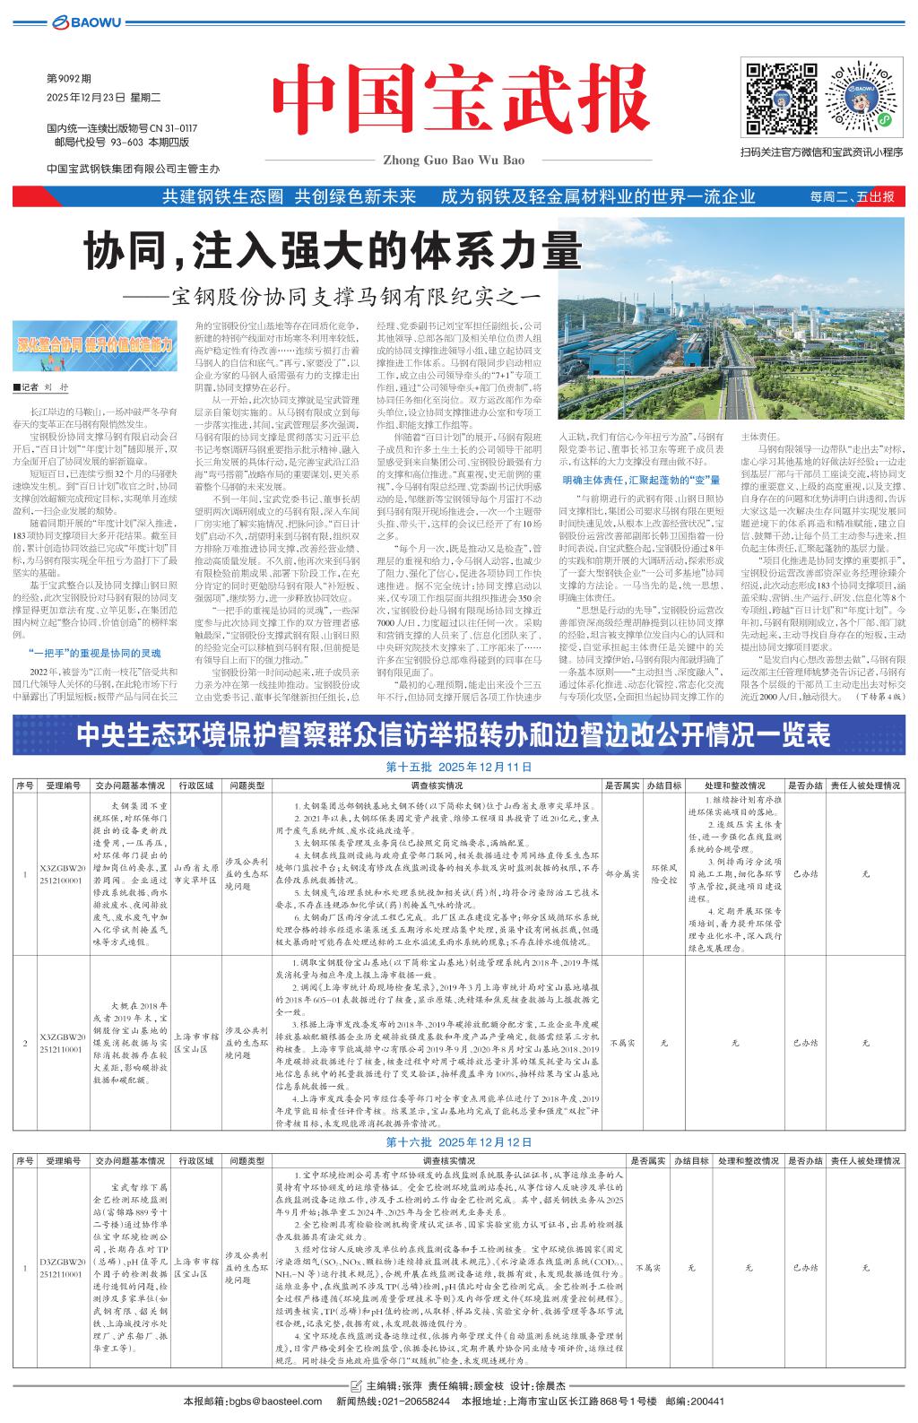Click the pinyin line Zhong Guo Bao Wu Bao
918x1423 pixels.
click(x=453, y=160)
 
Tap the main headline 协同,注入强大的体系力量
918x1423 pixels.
click(x=332, y=252)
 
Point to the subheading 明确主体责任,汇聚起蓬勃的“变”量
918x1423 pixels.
click(x=642, y=481)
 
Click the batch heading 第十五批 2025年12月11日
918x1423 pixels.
click(x=458, y=768)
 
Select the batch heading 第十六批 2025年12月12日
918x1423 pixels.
click(x=458, y=1141)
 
